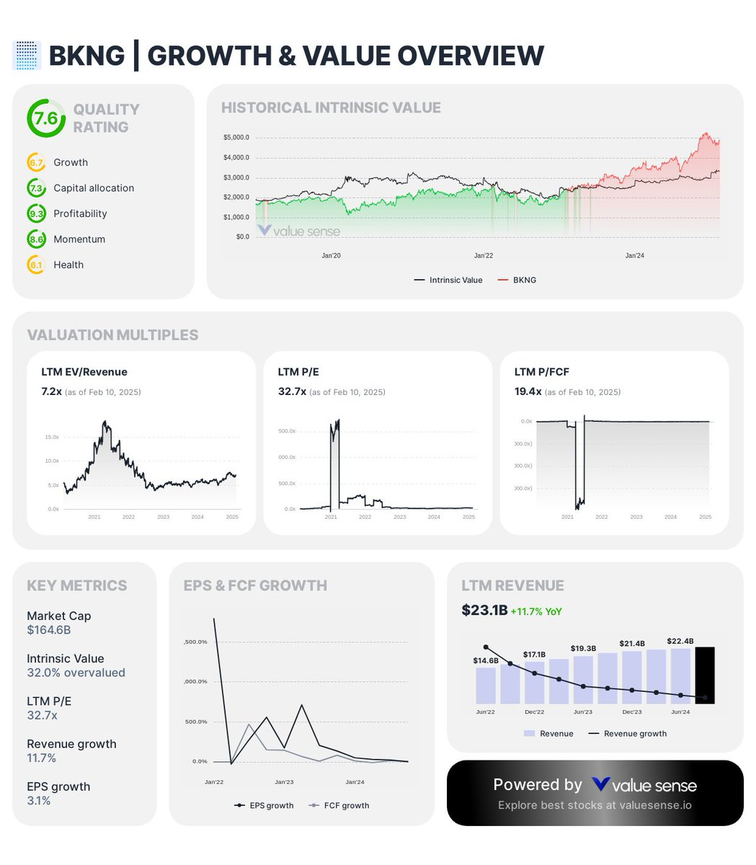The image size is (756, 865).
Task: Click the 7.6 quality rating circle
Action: [x=46, y=118]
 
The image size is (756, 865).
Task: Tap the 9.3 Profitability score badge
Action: [x=36, y=213]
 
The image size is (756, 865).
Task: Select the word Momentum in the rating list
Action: [x=79, y=239]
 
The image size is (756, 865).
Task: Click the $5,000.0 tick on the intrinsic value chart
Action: [x=236, y=138]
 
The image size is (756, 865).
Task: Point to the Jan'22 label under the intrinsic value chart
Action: [x=484, y=256]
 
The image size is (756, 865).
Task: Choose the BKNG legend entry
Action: [x=524, y=280]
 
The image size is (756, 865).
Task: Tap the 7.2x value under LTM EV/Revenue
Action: [x=51, y=391]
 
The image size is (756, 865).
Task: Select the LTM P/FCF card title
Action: [x=541, y=372]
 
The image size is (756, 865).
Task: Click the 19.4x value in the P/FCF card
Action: [x=528, y=391]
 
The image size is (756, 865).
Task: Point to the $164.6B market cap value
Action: [x=49, y=630]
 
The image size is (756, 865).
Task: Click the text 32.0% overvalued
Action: [x=76, y=673]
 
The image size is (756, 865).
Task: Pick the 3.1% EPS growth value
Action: [x=39, y=801]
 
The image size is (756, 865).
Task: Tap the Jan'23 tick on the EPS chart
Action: [x=284, y=782]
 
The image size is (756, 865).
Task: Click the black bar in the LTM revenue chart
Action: [x=704, y=675]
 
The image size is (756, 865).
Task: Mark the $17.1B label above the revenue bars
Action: [x=534, y=655]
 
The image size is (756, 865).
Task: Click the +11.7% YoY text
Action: [x=536, y=611]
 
